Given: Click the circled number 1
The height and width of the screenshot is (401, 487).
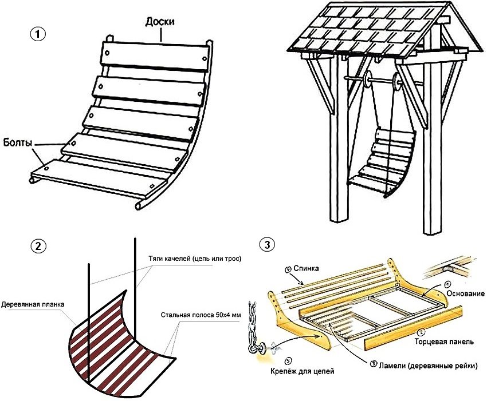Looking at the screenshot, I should pos(38,33).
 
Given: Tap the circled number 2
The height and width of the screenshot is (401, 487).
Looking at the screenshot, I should pos(38,247).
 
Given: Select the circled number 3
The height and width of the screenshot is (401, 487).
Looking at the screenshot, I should pos(266,244).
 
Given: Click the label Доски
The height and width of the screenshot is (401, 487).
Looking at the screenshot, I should pos(161,21).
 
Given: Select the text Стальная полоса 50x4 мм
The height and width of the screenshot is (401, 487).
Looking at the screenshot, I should pos(201,315).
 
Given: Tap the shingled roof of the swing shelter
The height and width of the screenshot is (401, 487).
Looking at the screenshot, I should pos(367,31).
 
